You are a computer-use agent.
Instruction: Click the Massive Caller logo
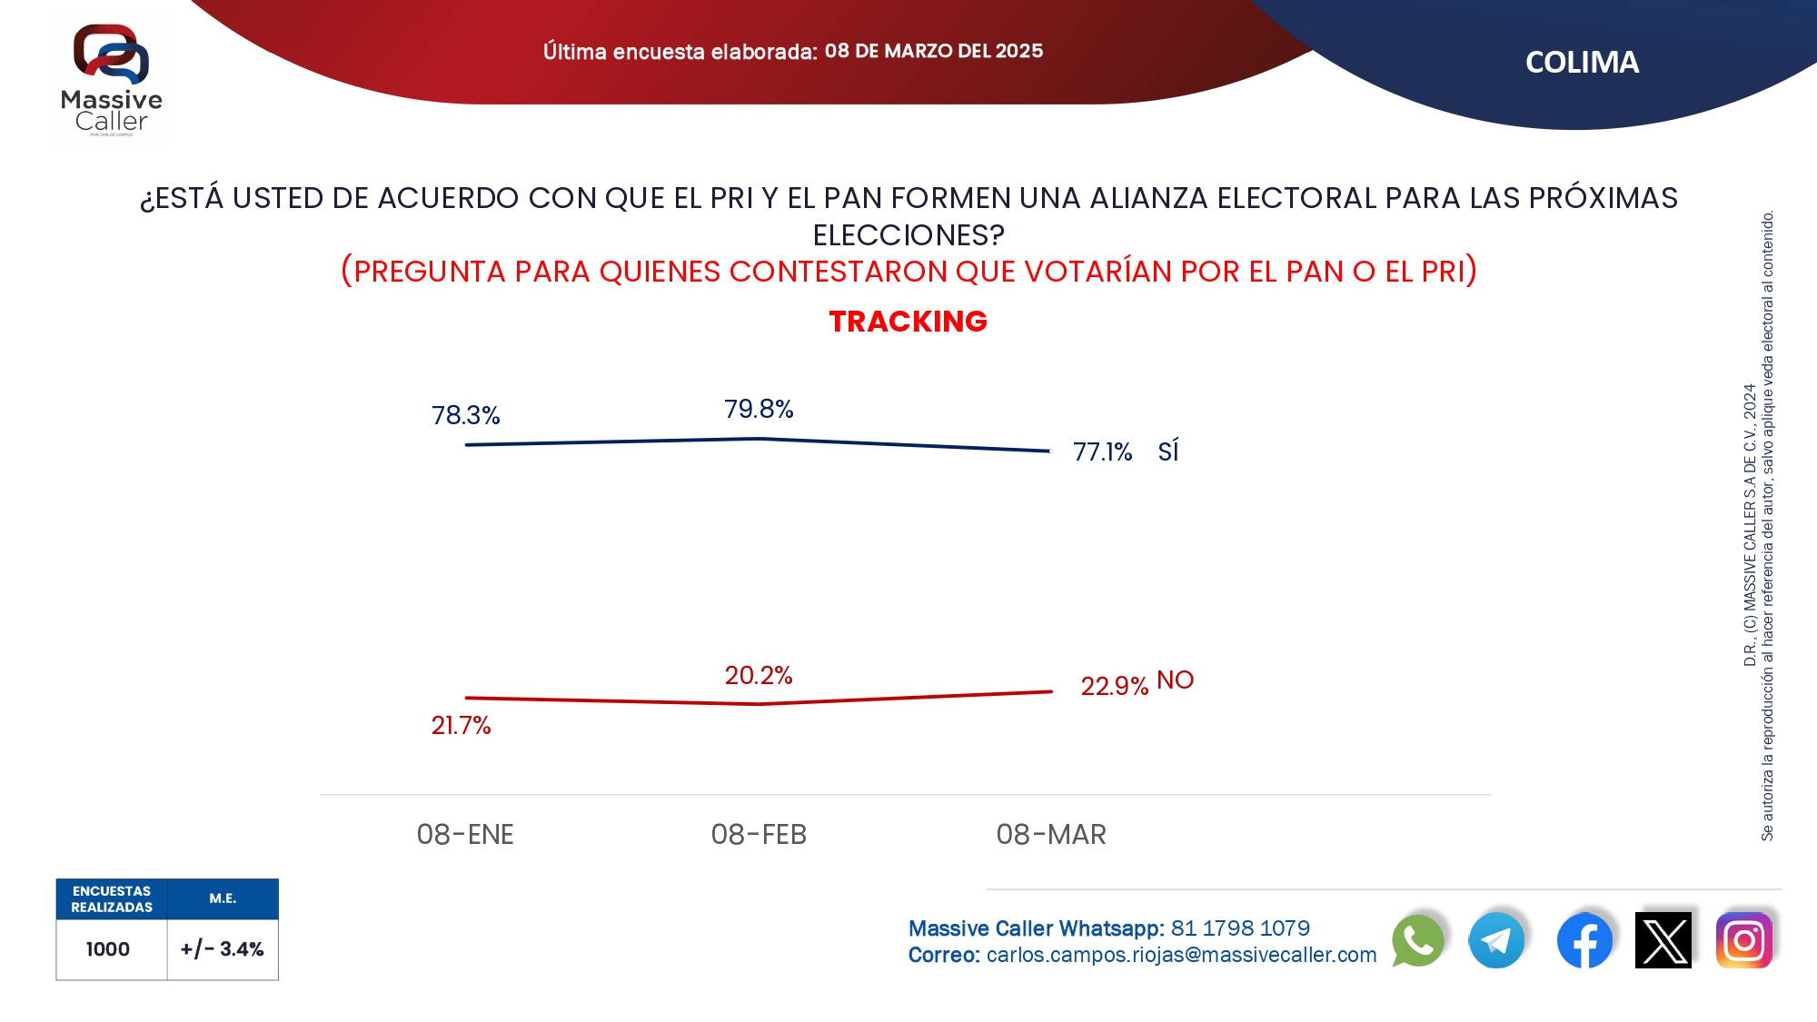(x=111, y=79)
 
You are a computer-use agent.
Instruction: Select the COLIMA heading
(x=1582, y=62)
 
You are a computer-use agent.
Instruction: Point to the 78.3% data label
(x=465, y=415)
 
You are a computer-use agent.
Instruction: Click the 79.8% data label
(x=759, y=409)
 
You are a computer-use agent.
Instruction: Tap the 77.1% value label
(x=1102, y=451)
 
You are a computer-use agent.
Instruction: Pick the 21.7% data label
(x=461, y=725)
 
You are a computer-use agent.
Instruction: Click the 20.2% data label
(x=759, y=675)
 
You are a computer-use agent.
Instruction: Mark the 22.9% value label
(x=1114, y=686)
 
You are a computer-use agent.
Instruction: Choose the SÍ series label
(x=1168, y=451)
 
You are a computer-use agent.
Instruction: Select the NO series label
(x=1175, y=680)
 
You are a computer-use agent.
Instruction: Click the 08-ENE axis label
(x=465, y=834)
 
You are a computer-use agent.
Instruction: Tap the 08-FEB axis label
(x=759, y=834)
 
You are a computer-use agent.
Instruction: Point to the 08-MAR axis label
(x=1051, y=834)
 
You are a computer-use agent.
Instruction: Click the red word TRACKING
(x=908, y=321)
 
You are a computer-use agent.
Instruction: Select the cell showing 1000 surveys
(x=108, y=949)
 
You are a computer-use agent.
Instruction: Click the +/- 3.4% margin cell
(x=223, y=949)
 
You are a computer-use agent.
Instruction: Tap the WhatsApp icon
(x=1417, y=940)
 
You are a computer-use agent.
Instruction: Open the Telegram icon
(x=1496, y=940)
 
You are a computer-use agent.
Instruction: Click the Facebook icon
(x=1584, y=940)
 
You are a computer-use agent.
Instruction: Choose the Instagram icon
(x=1743, y=940)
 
